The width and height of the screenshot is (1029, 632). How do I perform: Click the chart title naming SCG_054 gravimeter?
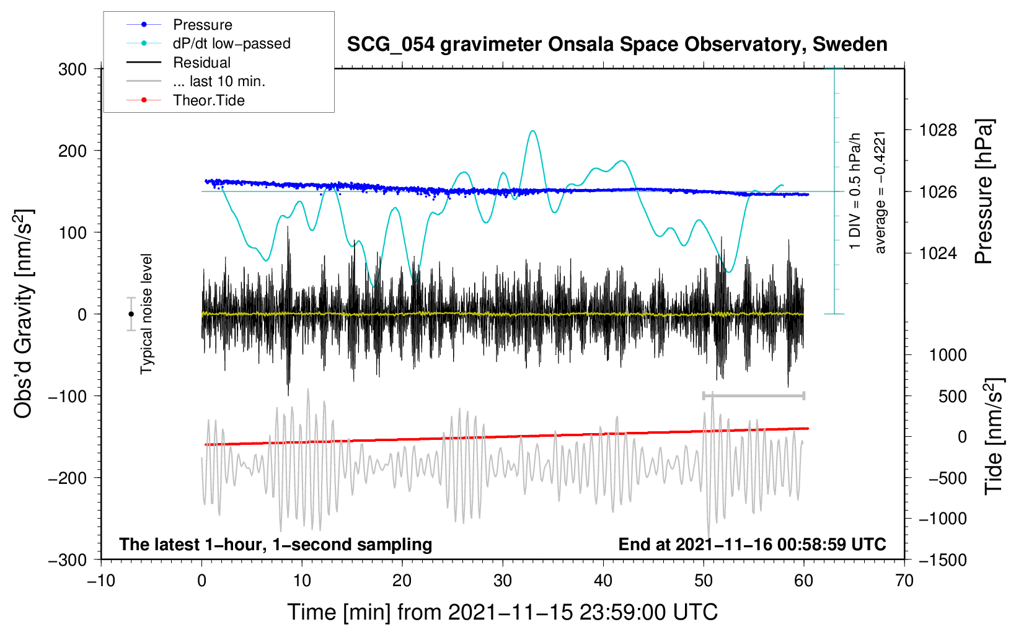click(617, 45)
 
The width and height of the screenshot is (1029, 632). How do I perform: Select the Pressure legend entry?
click(202, 25)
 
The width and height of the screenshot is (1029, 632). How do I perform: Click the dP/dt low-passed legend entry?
click(231, 43)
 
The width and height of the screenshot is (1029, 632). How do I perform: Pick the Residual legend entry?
click(201, 63)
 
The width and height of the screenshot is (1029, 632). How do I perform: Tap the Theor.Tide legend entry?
click(208, 100)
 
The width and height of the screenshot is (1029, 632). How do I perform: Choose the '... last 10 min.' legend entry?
click(219, 81)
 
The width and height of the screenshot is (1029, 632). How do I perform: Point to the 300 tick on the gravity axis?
click(73, 69)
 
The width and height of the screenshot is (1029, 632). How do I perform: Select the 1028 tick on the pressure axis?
click(938, 130)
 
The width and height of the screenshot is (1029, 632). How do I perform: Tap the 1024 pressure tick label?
click(938, 253)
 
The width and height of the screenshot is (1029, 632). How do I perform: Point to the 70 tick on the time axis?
click(904, 581)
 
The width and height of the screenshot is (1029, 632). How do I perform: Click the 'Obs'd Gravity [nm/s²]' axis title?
click(24, 314)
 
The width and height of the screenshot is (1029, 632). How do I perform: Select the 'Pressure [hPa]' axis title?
click(984, 192)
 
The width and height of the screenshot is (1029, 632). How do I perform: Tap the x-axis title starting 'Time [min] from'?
click(502, 612)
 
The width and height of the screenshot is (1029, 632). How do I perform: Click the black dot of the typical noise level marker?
click(131, 314)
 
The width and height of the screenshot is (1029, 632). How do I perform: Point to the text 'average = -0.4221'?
click(880, 192)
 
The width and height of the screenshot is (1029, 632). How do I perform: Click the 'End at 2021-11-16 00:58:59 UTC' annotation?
click(752, 544)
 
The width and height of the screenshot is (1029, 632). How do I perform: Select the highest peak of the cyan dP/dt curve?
click(532, 131)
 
